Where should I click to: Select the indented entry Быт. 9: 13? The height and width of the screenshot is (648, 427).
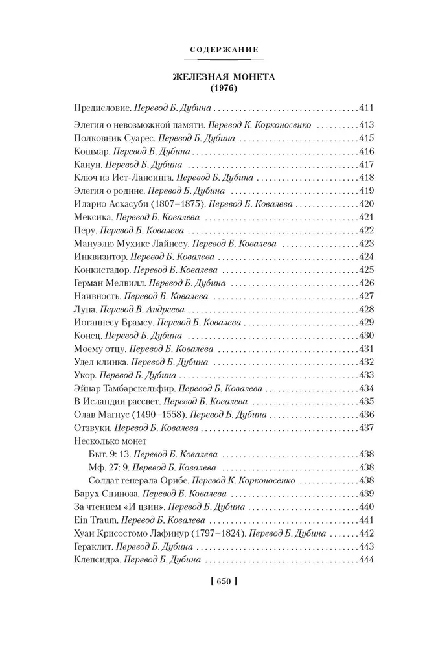[109, 454]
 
